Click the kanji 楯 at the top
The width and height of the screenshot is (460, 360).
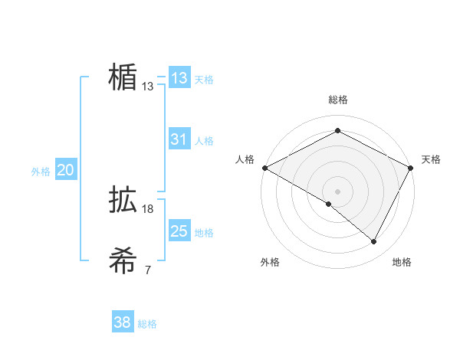[x=123, y=77]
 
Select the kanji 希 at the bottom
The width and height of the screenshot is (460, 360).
[x=123, y=261]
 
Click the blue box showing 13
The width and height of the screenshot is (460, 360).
[x=179, y=78]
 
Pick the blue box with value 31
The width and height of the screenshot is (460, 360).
[x=179, y=139]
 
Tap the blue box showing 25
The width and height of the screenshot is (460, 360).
[x=179, y=231]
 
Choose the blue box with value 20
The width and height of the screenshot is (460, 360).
[x=66, y=171]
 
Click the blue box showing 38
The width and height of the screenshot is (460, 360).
[x=123, y=323]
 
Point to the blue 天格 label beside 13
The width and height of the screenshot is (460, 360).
[x=204, y=80]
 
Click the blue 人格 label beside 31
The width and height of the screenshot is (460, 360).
[x=204, y=141]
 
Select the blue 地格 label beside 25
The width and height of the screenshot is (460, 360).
[x=204, y=233]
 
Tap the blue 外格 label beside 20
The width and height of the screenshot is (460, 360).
[x=41, y=172]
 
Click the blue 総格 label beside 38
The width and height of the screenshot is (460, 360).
[x=147, y=325]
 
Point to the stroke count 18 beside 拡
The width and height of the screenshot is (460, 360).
[x=148, y=209]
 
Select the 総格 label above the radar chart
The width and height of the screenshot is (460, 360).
[x=337, y=100]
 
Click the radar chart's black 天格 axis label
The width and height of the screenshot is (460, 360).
[x=431, y=159]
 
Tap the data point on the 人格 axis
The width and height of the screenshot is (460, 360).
[x=264, y=167]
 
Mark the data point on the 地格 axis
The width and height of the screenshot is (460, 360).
[x=374, y=242]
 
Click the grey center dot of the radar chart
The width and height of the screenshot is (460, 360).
[x=337, y=191]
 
